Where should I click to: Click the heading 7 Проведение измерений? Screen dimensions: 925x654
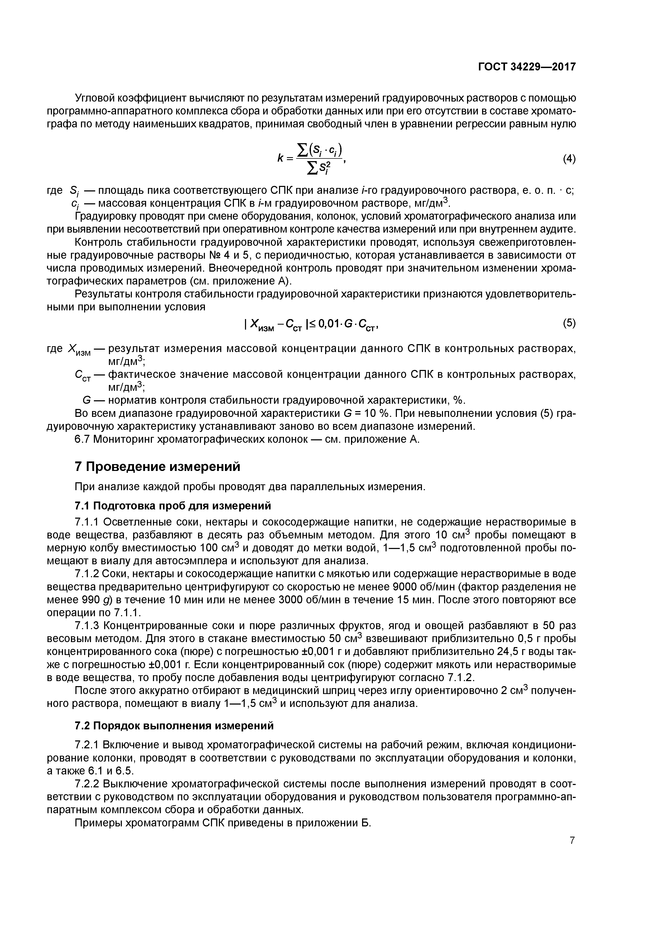pyautogui.click(x=157, y=466)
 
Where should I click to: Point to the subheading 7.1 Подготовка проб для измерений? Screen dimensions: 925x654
pyautogui.click(x=173, y=505)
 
